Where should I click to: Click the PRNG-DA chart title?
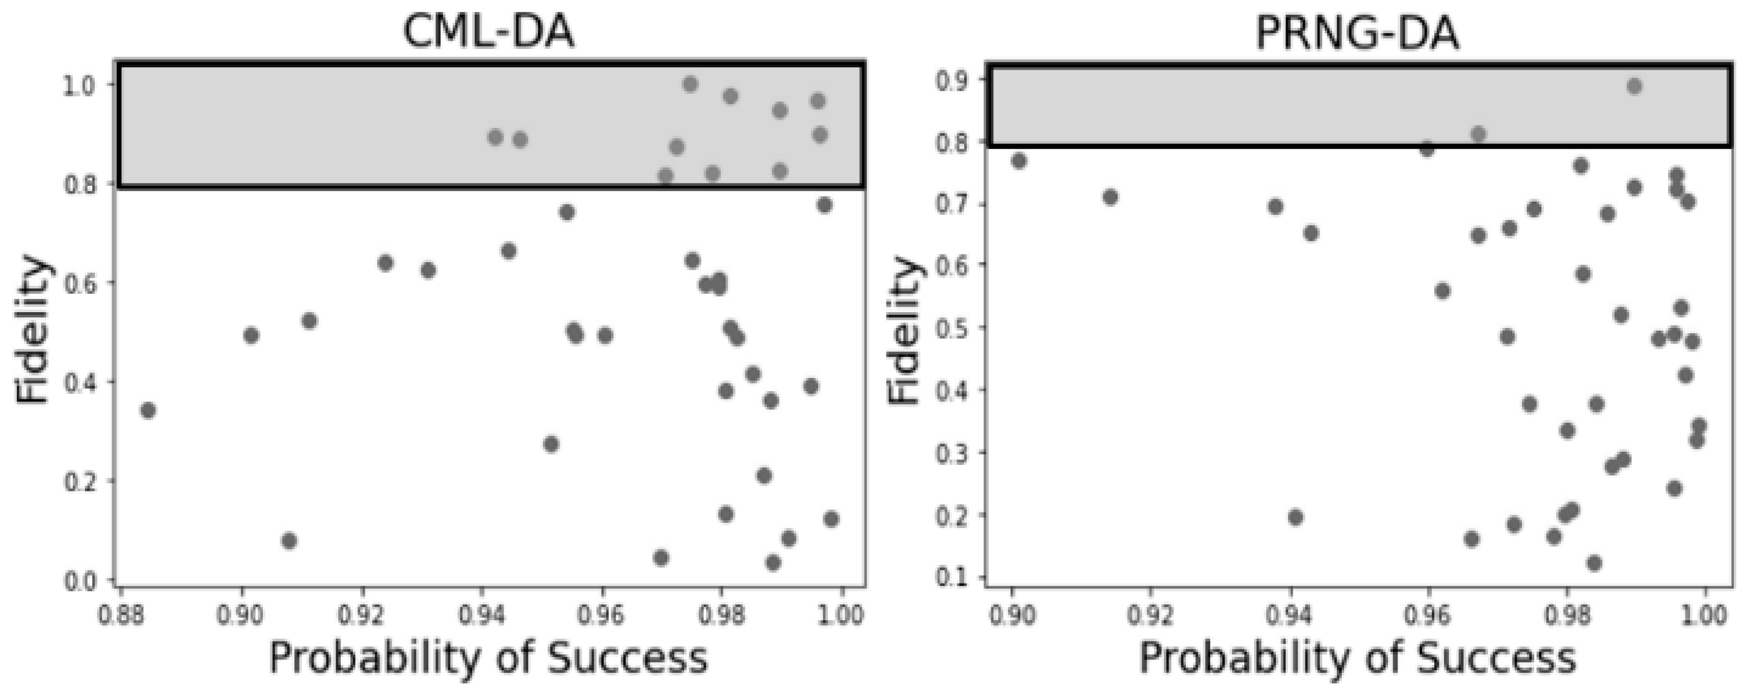pyautogui.click(x=1357, y=32)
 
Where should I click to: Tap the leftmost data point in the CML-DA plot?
pyautogui.click(x=148, y=410)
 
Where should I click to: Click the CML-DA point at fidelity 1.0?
pyautogui.click(x=691, y=85)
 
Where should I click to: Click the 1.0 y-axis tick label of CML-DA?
pyautogui.click(x=80, y=87)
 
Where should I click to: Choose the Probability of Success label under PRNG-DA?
pyautogui.click(x=1357, y=658)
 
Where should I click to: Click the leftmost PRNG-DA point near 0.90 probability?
pyautogui.click(x=1019, y=160)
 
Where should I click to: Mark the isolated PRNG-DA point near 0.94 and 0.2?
pyautogui.click(x=1295, y=518)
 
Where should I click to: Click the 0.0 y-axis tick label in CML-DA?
pyautogui.click(x=80, y=581)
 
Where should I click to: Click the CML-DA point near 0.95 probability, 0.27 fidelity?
pyautogui.click(x=551, y=444)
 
